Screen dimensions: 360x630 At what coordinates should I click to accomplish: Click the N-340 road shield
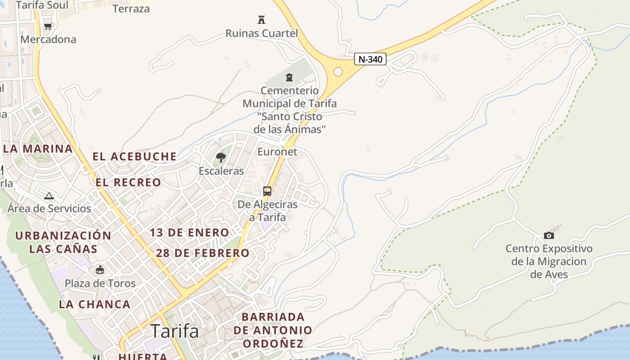pos(370,59)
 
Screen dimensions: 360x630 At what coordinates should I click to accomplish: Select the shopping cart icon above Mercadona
pos(48,26)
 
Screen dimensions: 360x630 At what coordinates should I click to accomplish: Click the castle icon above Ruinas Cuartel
pos(261,20)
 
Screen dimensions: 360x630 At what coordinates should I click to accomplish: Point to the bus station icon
pos(267,191)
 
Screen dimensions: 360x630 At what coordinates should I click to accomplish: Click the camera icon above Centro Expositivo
pos(549,235)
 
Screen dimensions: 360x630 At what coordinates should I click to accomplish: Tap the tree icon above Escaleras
pos(221,157)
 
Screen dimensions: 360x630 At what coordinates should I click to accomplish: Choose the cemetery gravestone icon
pos(289,77)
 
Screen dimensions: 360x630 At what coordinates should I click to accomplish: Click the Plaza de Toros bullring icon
pos(100,270)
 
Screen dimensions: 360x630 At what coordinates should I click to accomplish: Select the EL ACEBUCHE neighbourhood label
pos(135,157)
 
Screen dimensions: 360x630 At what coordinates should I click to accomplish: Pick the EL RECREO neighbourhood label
pos(128,182)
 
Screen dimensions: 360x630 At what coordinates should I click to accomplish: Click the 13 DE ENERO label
pos(189,233)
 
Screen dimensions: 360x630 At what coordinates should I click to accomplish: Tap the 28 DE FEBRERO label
pos(202,253)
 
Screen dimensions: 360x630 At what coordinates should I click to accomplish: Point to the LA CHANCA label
pos(94,304)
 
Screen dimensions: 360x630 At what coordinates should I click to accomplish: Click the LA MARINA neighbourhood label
pos(38,148)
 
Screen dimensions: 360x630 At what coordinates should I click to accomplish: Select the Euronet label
pos(277,152)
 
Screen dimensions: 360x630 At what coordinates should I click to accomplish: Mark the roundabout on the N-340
pos(338,72)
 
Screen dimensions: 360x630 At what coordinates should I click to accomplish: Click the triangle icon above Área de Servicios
pos(49,196)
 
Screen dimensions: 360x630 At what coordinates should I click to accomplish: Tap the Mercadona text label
pos(49,40)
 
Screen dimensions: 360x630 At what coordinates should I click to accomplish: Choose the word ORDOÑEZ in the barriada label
pos(273,344)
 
